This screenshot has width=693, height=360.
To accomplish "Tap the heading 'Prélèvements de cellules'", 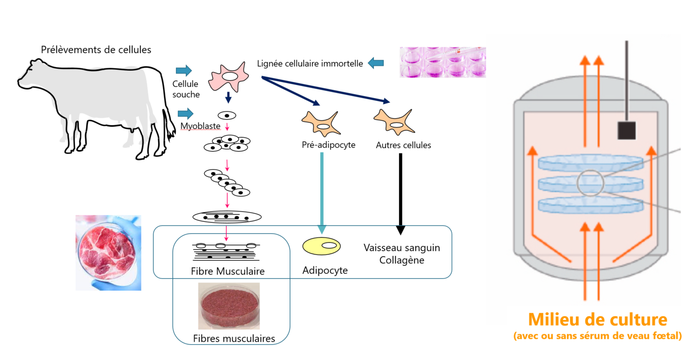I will click(x=96, y=50).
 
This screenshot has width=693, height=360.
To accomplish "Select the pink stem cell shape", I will click(x=229, y=76).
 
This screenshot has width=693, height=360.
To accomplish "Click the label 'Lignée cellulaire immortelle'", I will click(x=310, y=63).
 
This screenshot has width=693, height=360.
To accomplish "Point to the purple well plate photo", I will click(x=443, y=62).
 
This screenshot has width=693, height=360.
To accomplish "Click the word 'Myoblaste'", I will click(x=200, y=126).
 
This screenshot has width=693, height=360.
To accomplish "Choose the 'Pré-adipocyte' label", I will click(x=328, y=145).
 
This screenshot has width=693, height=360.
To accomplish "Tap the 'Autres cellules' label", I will click(x=403, y=145).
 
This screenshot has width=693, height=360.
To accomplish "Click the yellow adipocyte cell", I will click(x=321, y=246).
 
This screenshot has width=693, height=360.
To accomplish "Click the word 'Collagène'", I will click(x=401, y=261).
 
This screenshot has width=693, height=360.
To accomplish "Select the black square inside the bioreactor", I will click(x=626, y=130).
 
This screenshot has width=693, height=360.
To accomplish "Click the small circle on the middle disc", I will click(x=590, y=183).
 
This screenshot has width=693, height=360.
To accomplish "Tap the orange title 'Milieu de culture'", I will click(x=597, y=320).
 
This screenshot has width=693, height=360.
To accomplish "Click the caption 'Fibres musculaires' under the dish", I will click(x=234, y=339).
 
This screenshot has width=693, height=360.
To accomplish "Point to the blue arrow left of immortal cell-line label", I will click(x=376, y=63).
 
